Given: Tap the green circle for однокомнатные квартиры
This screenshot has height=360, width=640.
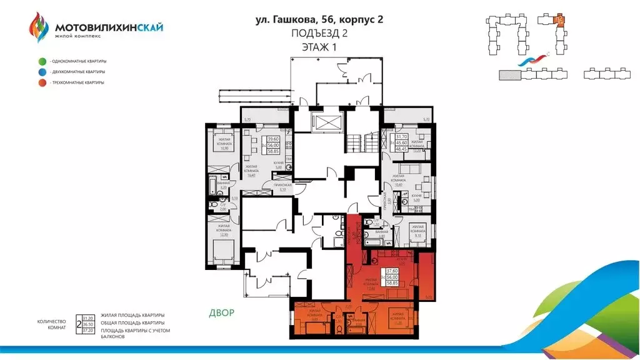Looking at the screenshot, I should [42, 61].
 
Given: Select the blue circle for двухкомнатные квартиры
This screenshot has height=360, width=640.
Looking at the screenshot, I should [42, 72].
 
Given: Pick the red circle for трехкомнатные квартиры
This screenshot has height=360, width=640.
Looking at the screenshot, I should [42, 82].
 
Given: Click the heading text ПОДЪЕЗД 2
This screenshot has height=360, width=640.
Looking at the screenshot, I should [319, 34].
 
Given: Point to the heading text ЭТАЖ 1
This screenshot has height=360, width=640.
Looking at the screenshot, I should [319, 47].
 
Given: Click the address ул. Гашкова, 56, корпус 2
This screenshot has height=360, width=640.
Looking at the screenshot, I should [319, 20].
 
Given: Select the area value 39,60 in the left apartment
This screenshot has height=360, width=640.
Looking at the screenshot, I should [273, 140].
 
